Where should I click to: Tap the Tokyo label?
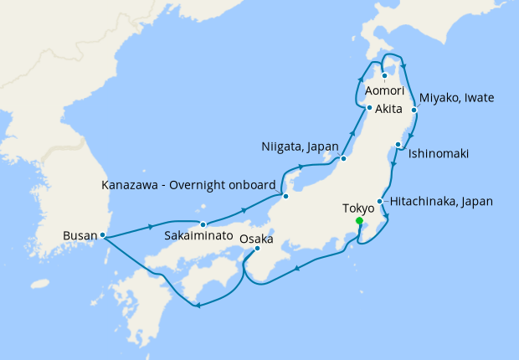[x=359, y=208]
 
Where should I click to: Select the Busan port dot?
[x=102, y=235]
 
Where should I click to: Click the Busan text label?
[x=80, y=236]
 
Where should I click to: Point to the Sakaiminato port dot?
[x=203, y=224]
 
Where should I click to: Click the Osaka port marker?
[x=257, y=248]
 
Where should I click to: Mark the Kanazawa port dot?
[x=286, y=197]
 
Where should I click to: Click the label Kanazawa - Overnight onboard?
[x=188, y=183]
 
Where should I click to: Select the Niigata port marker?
[x=342, y=159]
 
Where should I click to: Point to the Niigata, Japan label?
[x=299, y=147]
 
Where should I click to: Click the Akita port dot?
[x=369, y=108]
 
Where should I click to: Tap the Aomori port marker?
[x=384, y=77]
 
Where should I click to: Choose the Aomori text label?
[x=384, y=90]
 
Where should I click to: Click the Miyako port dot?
[x=414, y=109]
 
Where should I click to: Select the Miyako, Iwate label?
[x=457, y=98]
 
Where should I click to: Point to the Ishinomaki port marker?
[x=398, y=145]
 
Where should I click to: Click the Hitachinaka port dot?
[x=380, y=202]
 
